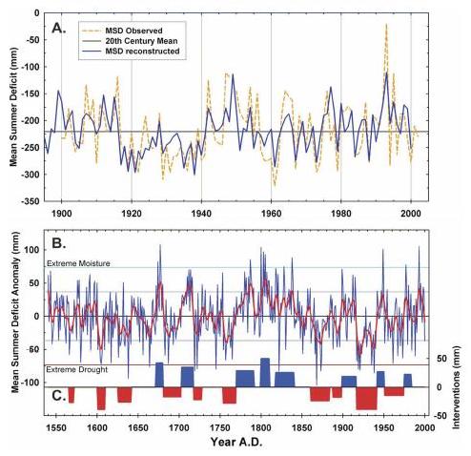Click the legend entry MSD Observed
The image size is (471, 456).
[133, 31]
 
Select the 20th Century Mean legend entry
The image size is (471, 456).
[141, 41]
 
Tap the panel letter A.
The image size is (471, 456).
[59, 29]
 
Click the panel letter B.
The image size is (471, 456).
[59, 243]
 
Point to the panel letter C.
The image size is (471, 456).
[59, 396]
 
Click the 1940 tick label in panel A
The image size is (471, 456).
[201, 214]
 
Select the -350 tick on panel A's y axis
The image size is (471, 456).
[31, 201]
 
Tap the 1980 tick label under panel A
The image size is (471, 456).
[341, 214]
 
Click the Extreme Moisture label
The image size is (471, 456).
[78, 263]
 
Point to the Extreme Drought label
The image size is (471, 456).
[77, 369]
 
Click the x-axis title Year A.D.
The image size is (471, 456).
[236, 442]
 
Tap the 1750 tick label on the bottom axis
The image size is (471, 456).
[220, 427]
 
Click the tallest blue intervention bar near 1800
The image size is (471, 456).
[265, 372]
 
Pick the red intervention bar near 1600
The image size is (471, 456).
[101, 399]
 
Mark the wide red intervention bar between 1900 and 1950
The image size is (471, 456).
[366, 399]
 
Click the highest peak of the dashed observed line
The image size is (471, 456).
[386, 24]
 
